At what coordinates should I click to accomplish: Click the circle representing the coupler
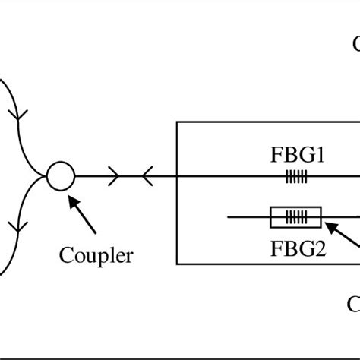click(61, 177)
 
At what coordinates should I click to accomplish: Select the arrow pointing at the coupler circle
click(84, 214)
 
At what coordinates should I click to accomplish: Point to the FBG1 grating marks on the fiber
click(296, 177)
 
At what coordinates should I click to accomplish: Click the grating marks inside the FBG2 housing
click(295, 219)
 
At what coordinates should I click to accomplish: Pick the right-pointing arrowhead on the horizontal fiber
click(115, 177)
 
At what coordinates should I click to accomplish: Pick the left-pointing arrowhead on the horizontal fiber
click(146, 177)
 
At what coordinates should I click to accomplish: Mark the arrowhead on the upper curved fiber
click(16, 118)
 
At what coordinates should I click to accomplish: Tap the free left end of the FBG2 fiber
click(230, 219)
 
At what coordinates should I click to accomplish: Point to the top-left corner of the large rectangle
click(177, 122)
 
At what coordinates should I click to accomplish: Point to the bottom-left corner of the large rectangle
click(177, 264)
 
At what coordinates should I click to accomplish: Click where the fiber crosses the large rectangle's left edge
click(177, 177)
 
